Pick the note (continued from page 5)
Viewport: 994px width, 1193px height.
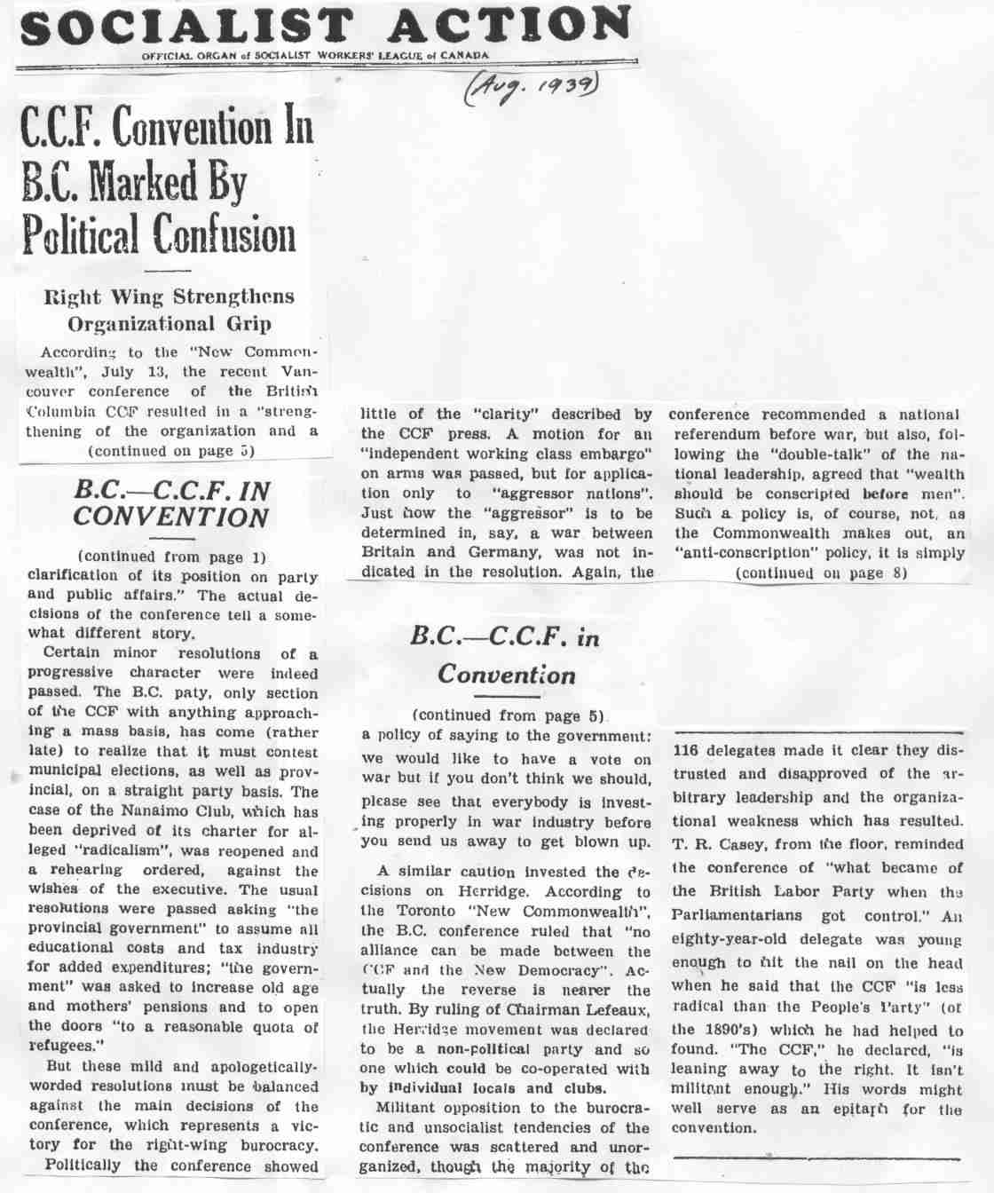pos(509,715)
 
